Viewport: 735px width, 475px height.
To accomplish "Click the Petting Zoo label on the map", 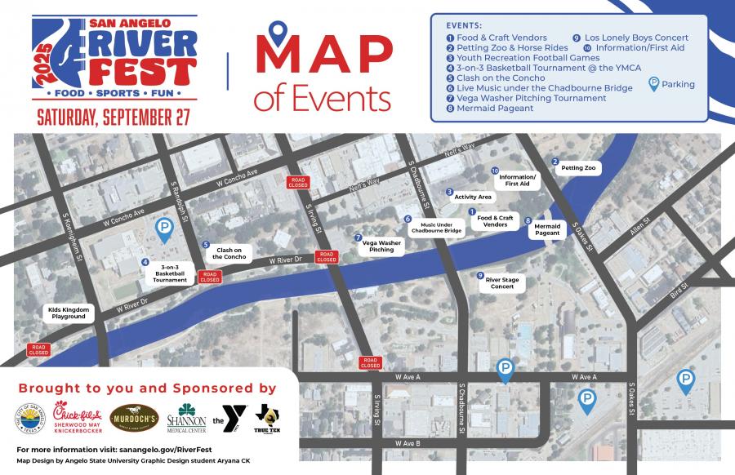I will point(579,168).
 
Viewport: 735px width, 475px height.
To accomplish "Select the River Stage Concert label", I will point(502,283).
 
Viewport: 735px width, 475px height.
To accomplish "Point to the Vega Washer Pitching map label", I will point(381,246).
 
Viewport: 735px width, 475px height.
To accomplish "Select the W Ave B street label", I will point(407,443).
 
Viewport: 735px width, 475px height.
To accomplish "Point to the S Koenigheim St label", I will point(78,239).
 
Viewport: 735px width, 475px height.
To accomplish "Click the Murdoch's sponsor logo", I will point(134,416).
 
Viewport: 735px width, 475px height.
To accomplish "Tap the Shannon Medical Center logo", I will point(186,418).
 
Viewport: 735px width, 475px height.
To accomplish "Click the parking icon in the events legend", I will point(654,83).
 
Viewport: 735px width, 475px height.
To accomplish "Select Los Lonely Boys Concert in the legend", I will point(636,38).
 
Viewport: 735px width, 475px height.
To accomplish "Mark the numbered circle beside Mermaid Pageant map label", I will point(528,220).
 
